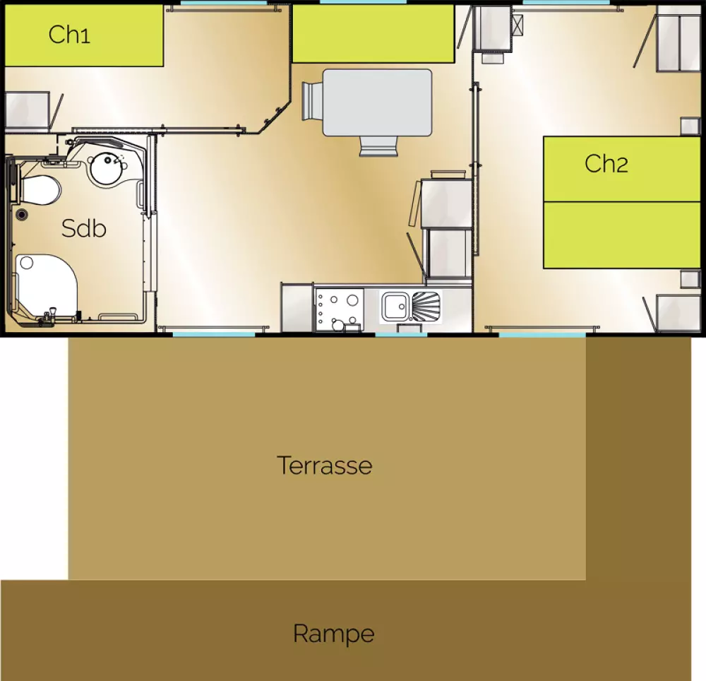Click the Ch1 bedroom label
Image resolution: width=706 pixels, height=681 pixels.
[x=69, y=34]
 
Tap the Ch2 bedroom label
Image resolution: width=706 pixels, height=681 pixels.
[x=606, y=163]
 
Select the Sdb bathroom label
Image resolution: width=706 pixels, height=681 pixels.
[x=84, y=228]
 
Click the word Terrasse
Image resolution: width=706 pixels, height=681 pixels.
[x=324, y=466]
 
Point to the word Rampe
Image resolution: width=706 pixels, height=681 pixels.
[x=334, y=634]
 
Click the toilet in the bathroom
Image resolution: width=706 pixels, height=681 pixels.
[x=40, y=189]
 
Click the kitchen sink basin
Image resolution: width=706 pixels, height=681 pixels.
[x=395, y=307]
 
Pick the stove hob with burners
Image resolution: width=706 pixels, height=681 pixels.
[x=340, y=309]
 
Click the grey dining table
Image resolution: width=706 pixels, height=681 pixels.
[x=377, y=102]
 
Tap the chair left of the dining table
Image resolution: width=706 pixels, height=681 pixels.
[x=312, y=101]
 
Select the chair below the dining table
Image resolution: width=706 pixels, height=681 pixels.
[x=378, y=146]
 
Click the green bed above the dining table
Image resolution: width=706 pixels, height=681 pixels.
[x=373, y=34]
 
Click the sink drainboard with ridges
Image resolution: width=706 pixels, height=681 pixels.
[x=425, y=306]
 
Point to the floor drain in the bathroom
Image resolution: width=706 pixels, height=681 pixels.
[x=21, y=214]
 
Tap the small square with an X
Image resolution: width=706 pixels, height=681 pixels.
[x=517, y=25]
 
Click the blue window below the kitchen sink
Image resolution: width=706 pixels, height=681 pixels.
[x=401, y=334]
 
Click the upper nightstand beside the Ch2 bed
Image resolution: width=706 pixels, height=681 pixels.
[x=690, y=126]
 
